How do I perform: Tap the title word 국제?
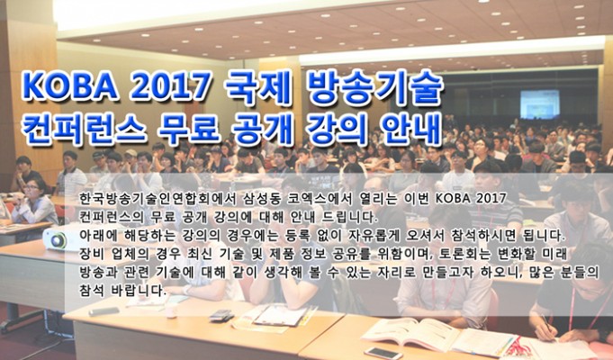click(x=259, y=86)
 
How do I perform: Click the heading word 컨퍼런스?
click(x=85, y=128)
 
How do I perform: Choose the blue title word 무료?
click(x=189, y=128)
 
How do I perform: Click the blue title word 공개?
click(x=262, y=128)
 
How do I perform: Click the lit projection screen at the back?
click(x=539, y=104)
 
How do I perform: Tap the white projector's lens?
click(x=59, y=239)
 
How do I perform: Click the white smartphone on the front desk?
click(x=383, y=352)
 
